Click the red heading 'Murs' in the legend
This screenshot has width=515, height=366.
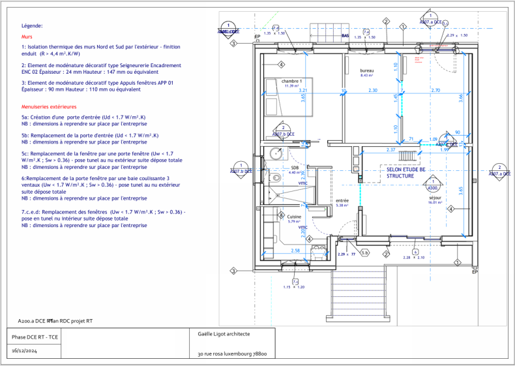coord(27,37)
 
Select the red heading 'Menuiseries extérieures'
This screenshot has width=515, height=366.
coord(49,106)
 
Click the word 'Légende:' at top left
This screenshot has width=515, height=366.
coord(32,25)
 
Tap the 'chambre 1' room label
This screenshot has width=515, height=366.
coord(291,81)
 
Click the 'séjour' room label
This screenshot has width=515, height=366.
coord(435,197)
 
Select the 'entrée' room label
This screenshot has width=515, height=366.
coord(342,200)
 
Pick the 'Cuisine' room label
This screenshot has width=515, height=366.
coord(294,217)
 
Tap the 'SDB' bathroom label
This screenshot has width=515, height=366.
coord(295,168)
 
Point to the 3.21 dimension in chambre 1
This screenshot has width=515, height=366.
coord(303,92)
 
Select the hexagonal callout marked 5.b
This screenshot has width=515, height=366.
coord(365,252)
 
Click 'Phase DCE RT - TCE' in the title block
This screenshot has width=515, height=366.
coord(35,336)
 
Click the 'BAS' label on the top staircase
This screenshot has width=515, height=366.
coord(346,36)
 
